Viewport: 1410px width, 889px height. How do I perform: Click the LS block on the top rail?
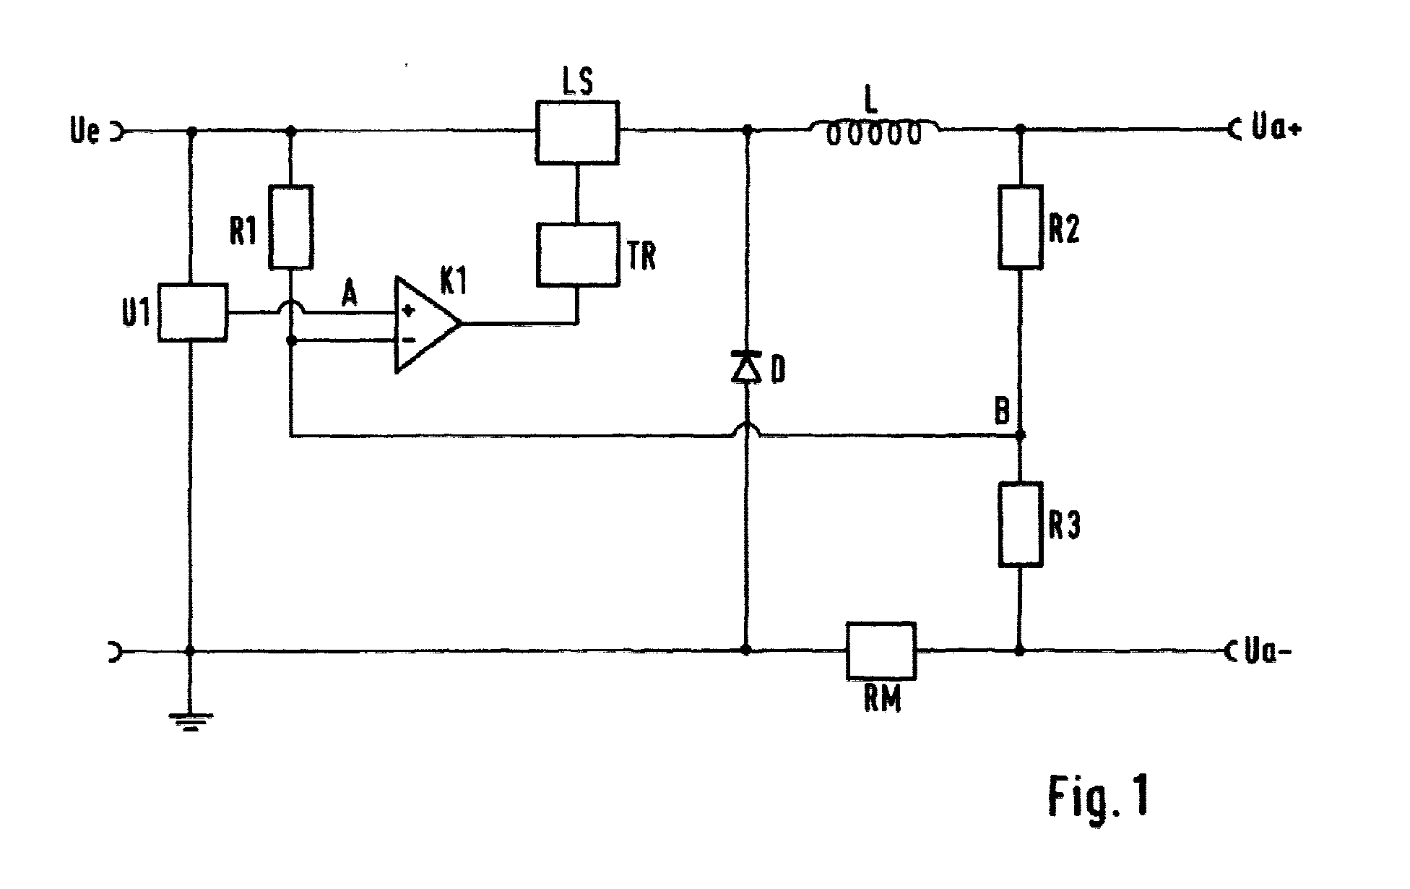point(577,132)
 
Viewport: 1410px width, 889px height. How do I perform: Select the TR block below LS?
point(577,254)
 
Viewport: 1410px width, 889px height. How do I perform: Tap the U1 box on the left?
point(192,312)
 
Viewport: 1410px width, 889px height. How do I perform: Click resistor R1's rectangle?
point(291,227)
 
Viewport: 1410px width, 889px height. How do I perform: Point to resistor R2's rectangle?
point(1021,227)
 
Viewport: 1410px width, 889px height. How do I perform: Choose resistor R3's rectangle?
point(1021,524)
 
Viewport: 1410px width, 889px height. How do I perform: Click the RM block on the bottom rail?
point(881,650)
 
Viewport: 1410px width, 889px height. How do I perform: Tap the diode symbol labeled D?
point(747,366)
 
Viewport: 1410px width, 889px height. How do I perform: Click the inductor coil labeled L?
point(874,132)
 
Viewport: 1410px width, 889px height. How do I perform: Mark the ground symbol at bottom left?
point(191,722)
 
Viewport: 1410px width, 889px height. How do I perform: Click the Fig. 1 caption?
point(1098,797)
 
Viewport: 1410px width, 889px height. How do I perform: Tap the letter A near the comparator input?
point(350,295)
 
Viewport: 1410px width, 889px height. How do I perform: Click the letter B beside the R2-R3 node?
point(1003,412)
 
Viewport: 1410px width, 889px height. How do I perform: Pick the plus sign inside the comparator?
point(408,312)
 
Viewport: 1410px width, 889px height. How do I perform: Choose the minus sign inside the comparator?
point(407,339)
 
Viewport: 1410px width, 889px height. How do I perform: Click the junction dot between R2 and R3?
point(1020,436)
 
